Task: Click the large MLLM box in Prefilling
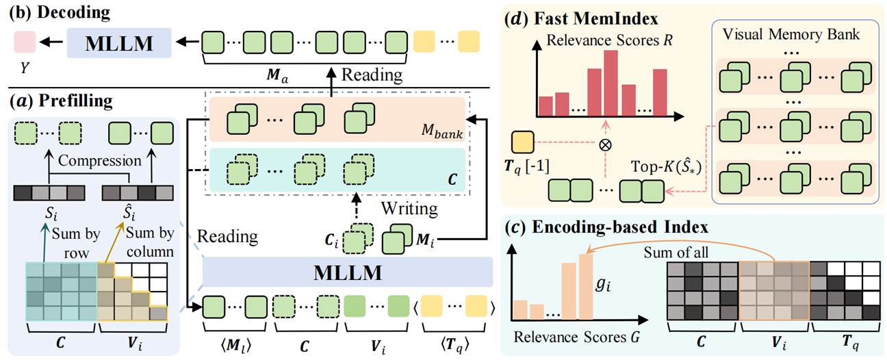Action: point(348,271)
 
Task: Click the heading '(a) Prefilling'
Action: point(60,101)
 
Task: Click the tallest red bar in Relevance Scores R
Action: point(610,83)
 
